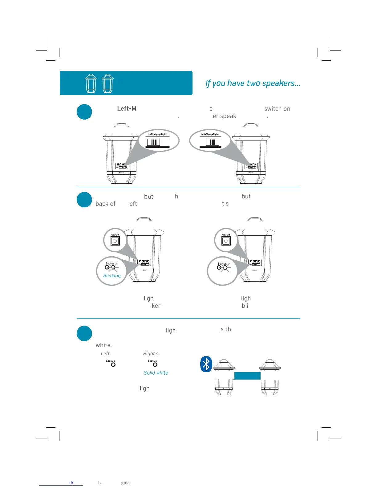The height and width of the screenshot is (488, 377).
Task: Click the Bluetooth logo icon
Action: click(206, 364)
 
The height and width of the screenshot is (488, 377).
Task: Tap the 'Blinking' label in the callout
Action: click(112, 276)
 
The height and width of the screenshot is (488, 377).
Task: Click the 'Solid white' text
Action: click(156, 373)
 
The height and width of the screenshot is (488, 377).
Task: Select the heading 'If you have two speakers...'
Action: click(253, 83)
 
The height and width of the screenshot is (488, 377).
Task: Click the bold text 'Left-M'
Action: click(127, 109)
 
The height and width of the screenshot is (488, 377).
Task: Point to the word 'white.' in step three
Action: click(103, 345)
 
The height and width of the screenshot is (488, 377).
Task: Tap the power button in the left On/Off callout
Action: click(115, 241)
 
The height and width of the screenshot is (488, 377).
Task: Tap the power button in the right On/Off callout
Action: click(226, 241)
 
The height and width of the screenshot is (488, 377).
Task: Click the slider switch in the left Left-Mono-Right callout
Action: click(153, 142)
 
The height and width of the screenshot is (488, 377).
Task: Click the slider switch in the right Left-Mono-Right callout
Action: click(212, 142)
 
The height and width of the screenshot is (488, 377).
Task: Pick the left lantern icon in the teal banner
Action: click(91, 83)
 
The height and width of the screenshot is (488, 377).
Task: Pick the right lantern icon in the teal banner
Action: click(108, 83)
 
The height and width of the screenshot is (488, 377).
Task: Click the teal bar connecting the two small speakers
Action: click(247, 376)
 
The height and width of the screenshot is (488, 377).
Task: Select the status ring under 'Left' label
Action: click(113, 365)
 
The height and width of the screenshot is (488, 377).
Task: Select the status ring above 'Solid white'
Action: click(155, 365)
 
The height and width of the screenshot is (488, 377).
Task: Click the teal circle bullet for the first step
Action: click(84, 112)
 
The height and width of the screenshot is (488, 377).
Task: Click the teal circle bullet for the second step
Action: click(84, 200)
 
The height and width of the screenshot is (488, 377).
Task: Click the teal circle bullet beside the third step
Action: click(84, 333)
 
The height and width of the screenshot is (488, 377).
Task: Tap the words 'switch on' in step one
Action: click(277, 109)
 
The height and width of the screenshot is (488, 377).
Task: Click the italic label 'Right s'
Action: click(151, 354)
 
